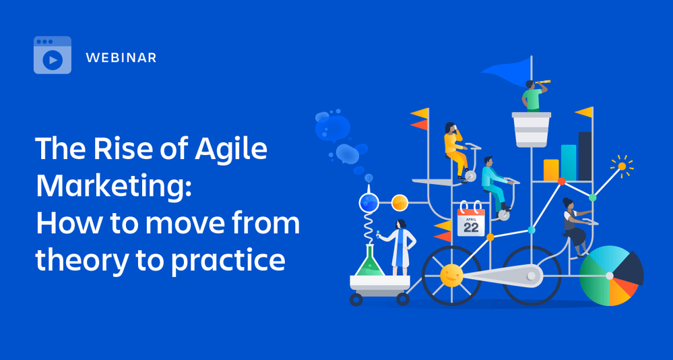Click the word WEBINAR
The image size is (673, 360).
click(x=121, y=58)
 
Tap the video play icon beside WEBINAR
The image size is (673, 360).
click(x=53, y=59)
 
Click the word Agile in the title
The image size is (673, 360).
click(x=231, y=150)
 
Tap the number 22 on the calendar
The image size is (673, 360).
click(x=471, y=227)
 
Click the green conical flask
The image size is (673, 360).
click(x=370, y=262)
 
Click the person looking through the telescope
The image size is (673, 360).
click(x=532, y=96)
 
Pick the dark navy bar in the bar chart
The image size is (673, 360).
click(x=585, y=156)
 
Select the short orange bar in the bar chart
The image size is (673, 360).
click(x=551, y=170)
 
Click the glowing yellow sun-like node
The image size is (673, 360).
click(x=622, y=166)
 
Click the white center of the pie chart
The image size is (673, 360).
click(x=610, y=276)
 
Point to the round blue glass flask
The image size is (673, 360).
click(x=368, y=202)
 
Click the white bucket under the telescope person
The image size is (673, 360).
click(x=532, y=129)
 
